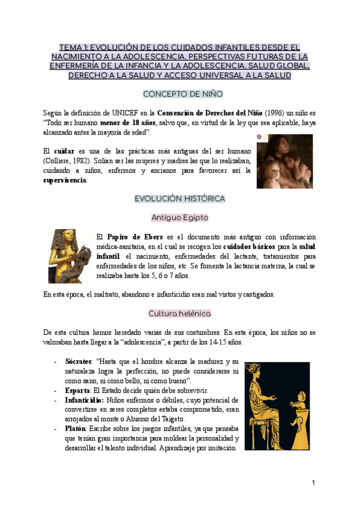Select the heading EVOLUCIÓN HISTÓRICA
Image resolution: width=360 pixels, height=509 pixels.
(x=179, y=198)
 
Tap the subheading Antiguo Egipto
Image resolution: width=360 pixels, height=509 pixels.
(x=179, y=217)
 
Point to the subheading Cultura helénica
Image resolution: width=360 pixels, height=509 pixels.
(x=179, y=313)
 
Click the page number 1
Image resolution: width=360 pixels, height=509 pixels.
(x=313, y=482)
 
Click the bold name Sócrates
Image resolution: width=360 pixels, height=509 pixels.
(x=77, y=362)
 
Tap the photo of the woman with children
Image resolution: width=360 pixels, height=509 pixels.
(x=284, y=161)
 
